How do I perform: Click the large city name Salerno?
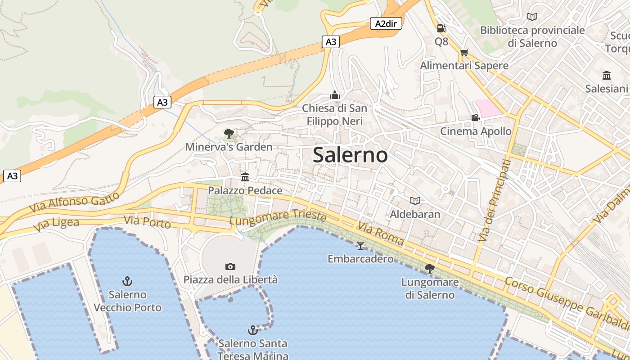[x=350, y=155]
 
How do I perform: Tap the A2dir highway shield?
[x=386, y=23]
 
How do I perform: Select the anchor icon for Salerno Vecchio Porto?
[x=127, y=282]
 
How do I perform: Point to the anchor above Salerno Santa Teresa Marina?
[x=253, y=330]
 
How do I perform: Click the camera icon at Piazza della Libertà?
[x=230, y=267]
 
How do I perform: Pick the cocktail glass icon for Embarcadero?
[x=360, y=245]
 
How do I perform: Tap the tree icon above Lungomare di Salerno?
[x=430, y=269]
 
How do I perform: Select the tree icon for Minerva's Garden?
[x=229, y=134]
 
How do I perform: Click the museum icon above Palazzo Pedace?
[x=245, y=177]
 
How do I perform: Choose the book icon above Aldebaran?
[x=415, y=201]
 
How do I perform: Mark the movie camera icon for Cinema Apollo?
[x=475, y=118]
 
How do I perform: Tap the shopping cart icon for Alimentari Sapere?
[x=464, y=53]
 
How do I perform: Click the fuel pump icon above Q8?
[x=441, y=28]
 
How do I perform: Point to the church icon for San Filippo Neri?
[x=334, y=95]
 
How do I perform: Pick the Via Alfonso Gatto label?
[x=75, y=202]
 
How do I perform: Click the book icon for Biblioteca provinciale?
[x=532, y=17]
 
